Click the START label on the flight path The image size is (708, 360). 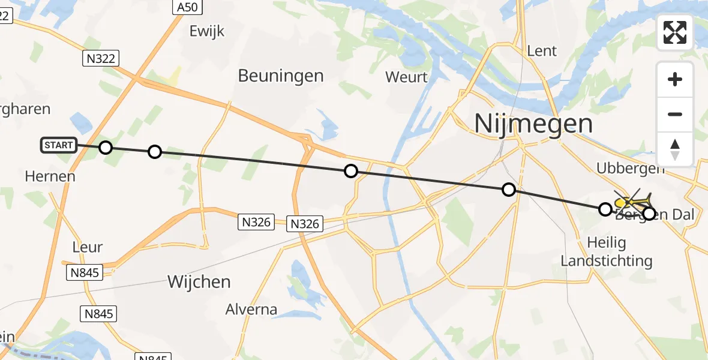(x=59, y=145)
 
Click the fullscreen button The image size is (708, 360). (x=675, y=32)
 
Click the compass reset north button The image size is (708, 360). (x=675, y=149)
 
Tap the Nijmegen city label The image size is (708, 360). (x=533, y=124)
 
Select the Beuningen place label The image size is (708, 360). (x=281, y=76)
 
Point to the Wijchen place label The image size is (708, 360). (x=199, y=281)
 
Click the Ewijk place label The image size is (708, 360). (x=206, y=31)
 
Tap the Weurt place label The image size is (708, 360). (x=406, y=77)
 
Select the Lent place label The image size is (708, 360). (x=542, y=51)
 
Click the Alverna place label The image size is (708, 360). (x=251, y=310)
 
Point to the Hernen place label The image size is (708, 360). (x=50, y=176)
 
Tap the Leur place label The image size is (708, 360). (x=87, y=247)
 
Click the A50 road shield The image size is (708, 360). (x=187, y=7)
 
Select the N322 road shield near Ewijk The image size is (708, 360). (x=101, y=58)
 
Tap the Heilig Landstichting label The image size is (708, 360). (x=606, y=252)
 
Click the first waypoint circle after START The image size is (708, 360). (x=106, y=148)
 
